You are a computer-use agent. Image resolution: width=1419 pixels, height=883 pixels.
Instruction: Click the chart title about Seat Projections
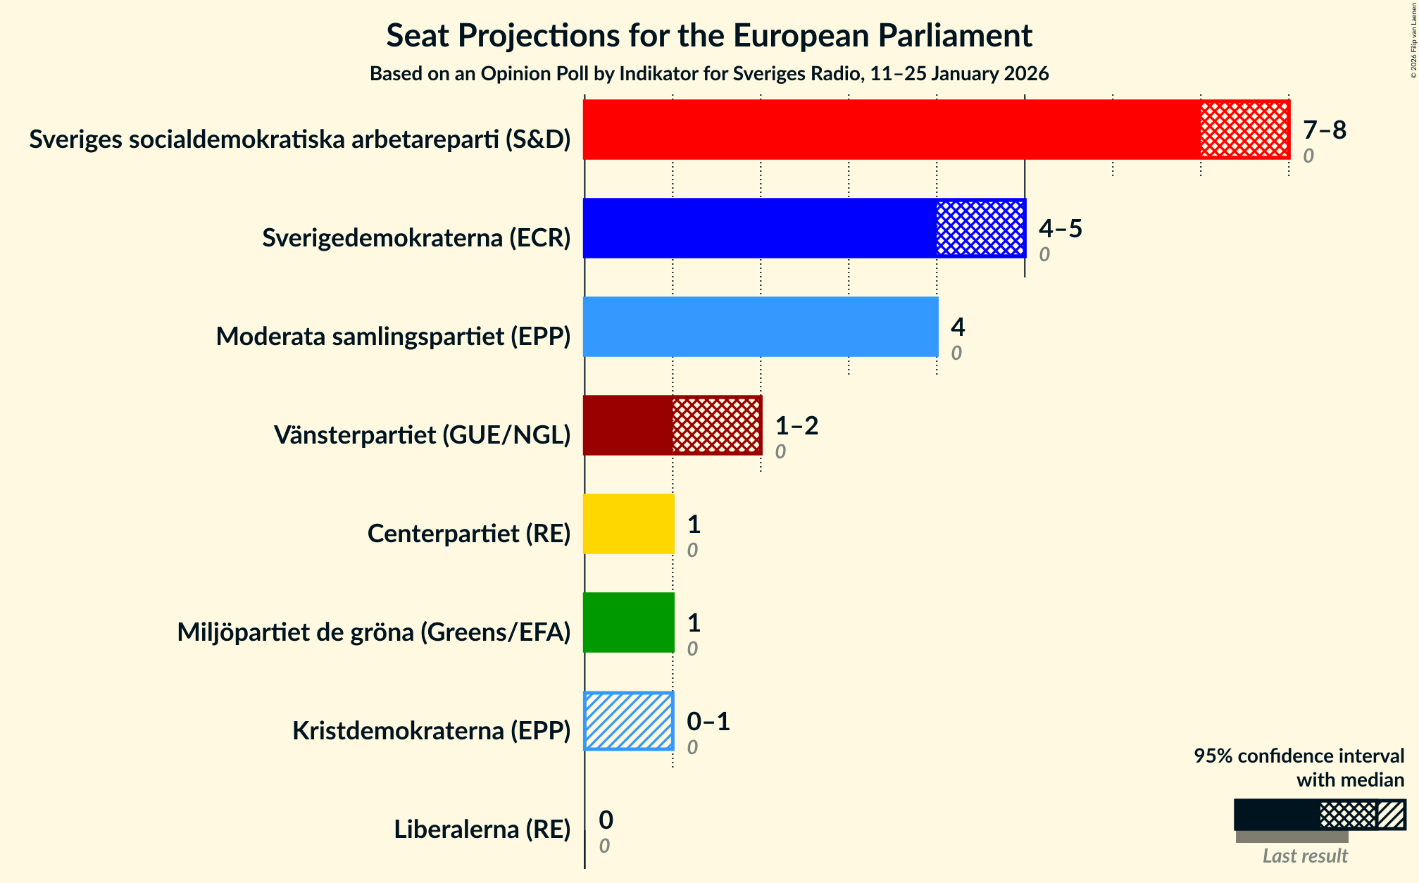709,35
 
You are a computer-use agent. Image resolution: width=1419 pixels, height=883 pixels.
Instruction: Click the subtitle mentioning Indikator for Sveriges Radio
709,74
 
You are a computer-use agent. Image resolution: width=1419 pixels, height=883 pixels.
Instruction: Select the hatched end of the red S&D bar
1244,130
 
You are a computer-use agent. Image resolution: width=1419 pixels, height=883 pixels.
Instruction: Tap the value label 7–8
1324,130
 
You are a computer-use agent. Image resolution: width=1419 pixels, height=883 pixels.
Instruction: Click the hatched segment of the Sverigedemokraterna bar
980,228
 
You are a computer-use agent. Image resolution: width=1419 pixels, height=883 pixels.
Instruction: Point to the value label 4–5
1060,229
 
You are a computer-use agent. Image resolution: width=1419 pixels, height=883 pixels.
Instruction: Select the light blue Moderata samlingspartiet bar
761,327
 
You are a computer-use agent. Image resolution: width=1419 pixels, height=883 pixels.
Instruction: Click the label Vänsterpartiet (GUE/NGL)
422,435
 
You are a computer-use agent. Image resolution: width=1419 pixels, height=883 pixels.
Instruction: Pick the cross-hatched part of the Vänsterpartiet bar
716,425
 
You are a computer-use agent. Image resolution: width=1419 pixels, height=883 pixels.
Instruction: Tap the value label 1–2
796,426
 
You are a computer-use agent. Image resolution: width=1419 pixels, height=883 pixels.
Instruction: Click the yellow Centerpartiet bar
628,524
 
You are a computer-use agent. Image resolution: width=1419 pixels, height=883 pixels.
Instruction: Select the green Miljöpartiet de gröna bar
628,622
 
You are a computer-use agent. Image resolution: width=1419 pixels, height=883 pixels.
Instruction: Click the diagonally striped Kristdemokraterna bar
628,721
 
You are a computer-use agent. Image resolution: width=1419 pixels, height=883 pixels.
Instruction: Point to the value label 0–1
708,722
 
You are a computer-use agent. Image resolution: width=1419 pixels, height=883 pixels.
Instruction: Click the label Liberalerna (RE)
482,829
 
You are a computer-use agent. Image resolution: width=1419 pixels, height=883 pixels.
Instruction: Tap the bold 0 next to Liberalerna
606,820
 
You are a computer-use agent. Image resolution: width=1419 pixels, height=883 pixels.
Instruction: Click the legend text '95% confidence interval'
1299,756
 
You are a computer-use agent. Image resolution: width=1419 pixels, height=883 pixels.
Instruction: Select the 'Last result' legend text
1304,856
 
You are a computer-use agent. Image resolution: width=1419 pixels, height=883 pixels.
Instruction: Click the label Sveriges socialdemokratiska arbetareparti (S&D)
299,139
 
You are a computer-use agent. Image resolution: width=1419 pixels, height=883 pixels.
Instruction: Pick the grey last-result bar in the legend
1292,837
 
